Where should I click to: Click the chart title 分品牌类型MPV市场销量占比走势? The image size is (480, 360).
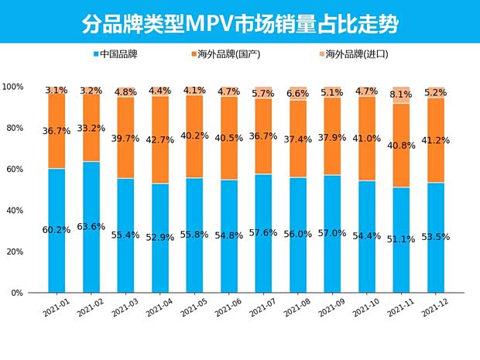click(x=240, y=23)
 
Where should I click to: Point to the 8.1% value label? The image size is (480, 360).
click(x=401, y=94)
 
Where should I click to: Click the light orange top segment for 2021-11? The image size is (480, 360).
click(x=401, y=95)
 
